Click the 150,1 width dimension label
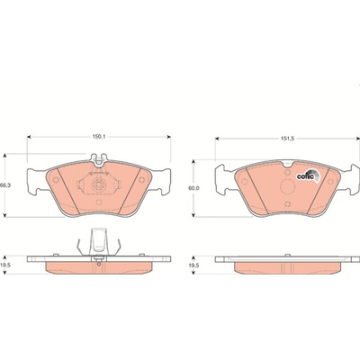tap(99, 137)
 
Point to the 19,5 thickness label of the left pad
tap(4, 265)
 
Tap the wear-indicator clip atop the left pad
tap(99, 160)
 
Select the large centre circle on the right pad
tap(287, 187)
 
